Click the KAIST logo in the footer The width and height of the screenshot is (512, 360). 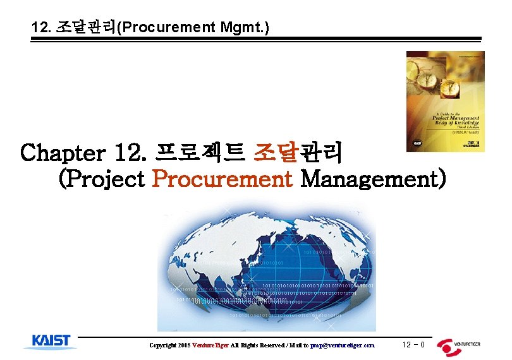coord(51,342)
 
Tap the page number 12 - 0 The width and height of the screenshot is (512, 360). coord(413,344)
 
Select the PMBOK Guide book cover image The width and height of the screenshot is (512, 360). coord(445,101)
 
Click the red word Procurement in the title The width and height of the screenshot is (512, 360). coord(222,179)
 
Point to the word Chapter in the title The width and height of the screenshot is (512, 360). coord(56,153)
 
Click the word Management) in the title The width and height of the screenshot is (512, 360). coord(374,179)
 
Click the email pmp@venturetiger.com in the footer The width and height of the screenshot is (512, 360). coord(343,345)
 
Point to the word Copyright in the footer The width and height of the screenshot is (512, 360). coord(162,345)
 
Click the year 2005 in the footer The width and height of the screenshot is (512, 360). coord(184,345)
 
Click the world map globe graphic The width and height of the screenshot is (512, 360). coord(265,268)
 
